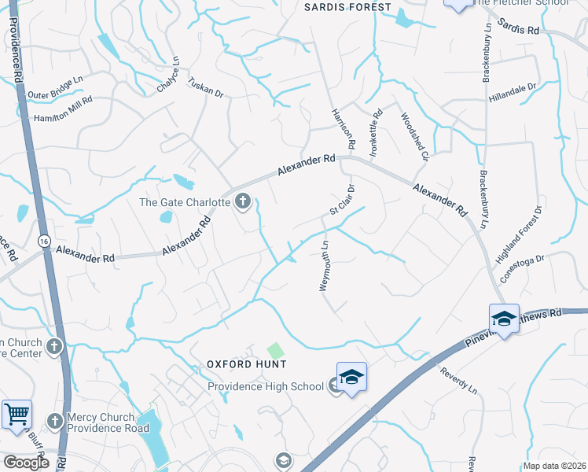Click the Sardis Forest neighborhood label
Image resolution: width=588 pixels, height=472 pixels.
(347, 7)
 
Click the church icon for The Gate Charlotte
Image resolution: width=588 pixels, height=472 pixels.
(242, 202)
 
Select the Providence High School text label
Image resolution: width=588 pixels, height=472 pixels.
(266, 386)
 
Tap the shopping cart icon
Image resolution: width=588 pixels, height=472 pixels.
(16, 414)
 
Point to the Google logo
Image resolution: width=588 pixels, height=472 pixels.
(26, 462)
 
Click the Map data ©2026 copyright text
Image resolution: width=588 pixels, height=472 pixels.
(555, 466)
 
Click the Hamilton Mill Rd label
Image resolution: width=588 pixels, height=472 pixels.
(63, 110)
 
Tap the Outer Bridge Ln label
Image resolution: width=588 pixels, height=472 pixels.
(55, 87)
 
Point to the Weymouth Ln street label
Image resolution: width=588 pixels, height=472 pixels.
(325, 267)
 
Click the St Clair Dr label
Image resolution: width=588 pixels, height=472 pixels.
(343, 200)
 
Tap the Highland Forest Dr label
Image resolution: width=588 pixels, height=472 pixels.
(520, 234)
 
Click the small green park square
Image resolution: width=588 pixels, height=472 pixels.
(275, 350)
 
